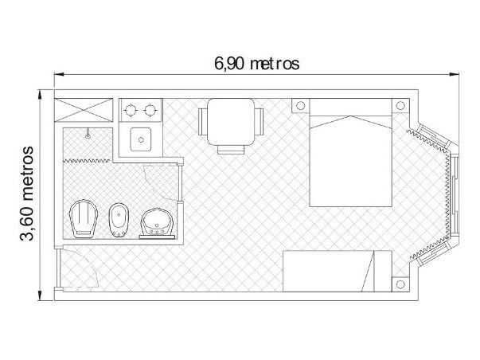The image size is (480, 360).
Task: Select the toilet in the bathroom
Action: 82,218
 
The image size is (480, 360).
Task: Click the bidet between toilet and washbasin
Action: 119,219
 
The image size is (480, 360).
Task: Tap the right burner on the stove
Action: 151,108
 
